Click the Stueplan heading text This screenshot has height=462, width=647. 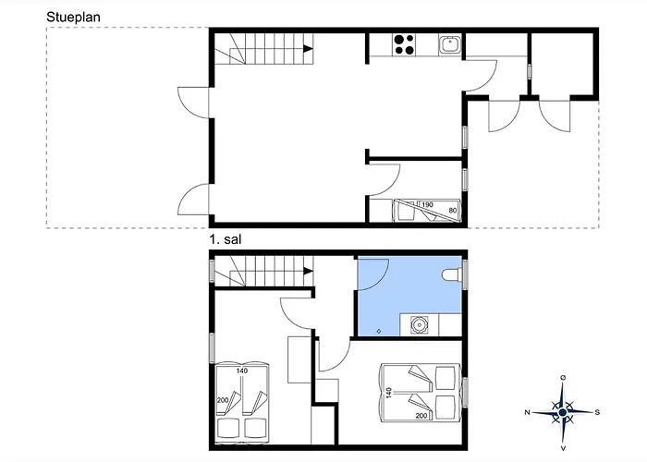click(73, 18)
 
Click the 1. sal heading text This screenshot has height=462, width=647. click(226, 239)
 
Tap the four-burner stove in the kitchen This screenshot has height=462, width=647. click(404, 44)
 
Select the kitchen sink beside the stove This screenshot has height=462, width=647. click(450, 43)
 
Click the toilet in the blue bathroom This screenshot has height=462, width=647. click(452, 274)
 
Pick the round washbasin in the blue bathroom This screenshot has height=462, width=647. click(420, 325)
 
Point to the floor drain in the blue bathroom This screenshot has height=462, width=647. click(379, 331)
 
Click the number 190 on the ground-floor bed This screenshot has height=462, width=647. click(427, 204)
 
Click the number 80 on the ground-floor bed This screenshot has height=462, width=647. click(453, 211)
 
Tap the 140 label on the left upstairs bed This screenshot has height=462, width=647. click(242, 371)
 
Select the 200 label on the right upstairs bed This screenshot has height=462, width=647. click(421, 416)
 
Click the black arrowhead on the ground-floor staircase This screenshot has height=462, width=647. click(308, 49)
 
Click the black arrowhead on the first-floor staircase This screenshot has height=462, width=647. click(308, 271)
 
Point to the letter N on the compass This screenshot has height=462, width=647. click(527, 412)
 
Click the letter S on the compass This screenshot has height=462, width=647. click(597, 412)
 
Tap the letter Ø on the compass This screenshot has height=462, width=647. click(563, 377)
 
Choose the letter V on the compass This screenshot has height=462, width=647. click(563, 448)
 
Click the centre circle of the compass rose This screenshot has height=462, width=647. click(562, 412)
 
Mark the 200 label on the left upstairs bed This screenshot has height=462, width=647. click(223, 400)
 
